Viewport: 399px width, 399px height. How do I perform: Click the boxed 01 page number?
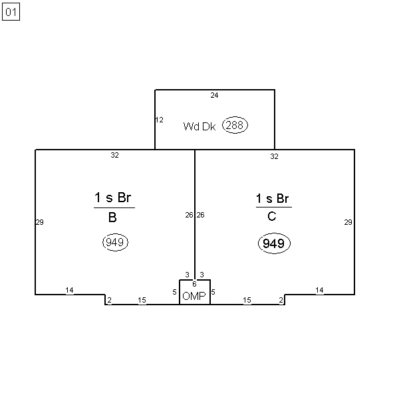[x=11, y=12]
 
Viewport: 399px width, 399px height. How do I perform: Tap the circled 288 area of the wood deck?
[x=235, y=125]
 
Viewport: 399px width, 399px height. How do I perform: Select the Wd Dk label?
[x=199, y=126]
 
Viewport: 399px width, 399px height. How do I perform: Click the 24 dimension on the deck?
[x=214, y=95]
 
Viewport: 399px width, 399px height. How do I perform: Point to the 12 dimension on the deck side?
[x=160, y=120]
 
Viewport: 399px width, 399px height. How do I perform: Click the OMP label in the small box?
[x=194, y=296]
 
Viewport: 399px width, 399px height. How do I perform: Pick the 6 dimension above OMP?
[x=194, y=284]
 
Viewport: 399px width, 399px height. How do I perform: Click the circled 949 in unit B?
[x=115, y=242]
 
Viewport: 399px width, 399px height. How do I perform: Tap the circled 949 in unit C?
[x=274, y=243]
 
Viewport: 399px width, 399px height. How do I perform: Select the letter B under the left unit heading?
[x=112, y=217]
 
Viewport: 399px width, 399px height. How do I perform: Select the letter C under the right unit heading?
[x=272, y=216]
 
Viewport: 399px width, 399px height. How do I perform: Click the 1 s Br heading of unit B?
[x=113, y=198]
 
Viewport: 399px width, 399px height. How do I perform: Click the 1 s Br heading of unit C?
[x=272, y=198]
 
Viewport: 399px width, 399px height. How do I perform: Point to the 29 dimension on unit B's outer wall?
[x=40, y=222]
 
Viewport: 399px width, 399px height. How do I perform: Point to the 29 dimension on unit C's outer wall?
[x=348, y=222]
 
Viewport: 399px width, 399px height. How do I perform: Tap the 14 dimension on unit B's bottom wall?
[x=69, y=290]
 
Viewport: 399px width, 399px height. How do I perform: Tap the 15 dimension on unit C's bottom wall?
[x=247, y=300]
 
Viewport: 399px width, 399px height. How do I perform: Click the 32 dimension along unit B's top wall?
[x=114, y=155]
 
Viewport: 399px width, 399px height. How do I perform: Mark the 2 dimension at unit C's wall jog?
[x=281, y=301]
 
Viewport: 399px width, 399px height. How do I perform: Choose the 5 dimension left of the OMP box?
[x=174, y=292]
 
